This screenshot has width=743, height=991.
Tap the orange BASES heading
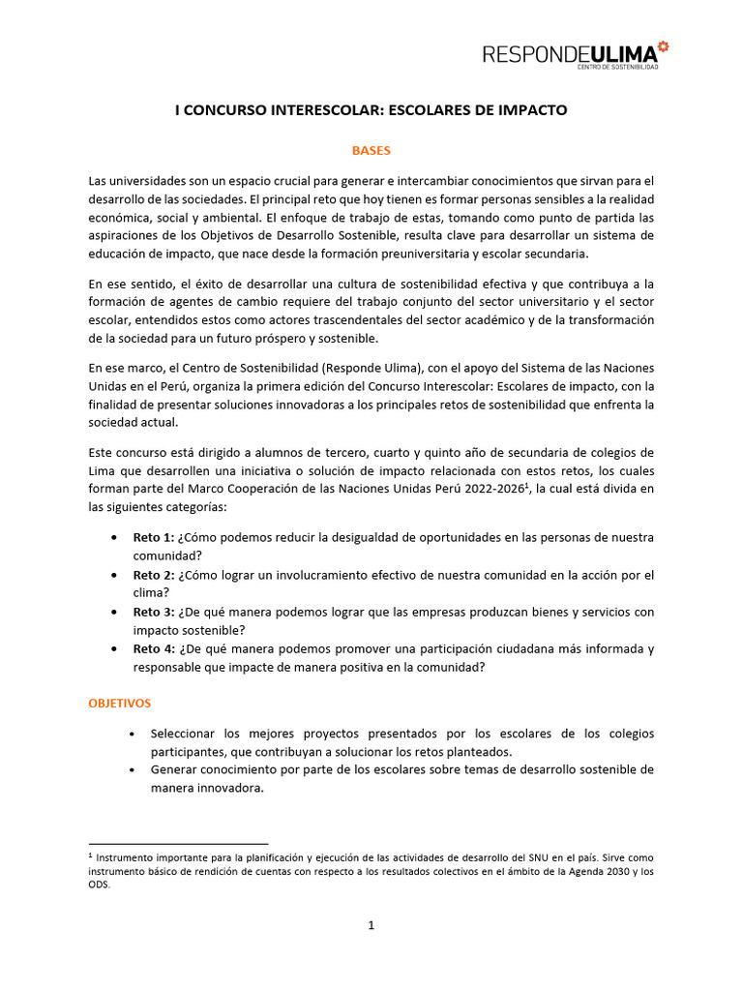click(x=371, y=151)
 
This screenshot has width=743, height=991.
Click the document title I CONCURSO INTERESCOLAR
click(x=371, y=110)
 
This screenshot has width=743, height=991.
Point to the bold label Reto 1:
click(x=154, y=537)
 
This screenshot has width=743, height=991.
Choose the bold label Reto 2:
click(x=154, y=575)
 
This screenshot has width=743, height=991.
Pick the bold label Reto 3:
click(x=154, y=612)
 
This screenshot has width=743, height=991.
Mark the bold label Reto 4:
click(x=154, y=648)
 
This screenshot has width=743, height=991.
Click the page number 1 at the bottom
click(x=371, y=925)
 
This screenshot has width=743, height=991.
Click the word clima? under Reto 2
click(x=152, y=592)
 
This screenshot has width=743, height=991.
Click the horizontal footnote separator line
click(x=178, y=844)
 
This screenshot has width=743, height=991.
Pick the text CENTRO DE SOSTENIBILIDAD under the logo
click(x=618, y=67)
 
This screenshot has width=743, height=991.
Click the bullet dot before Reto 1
click(x=116, y=537)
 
